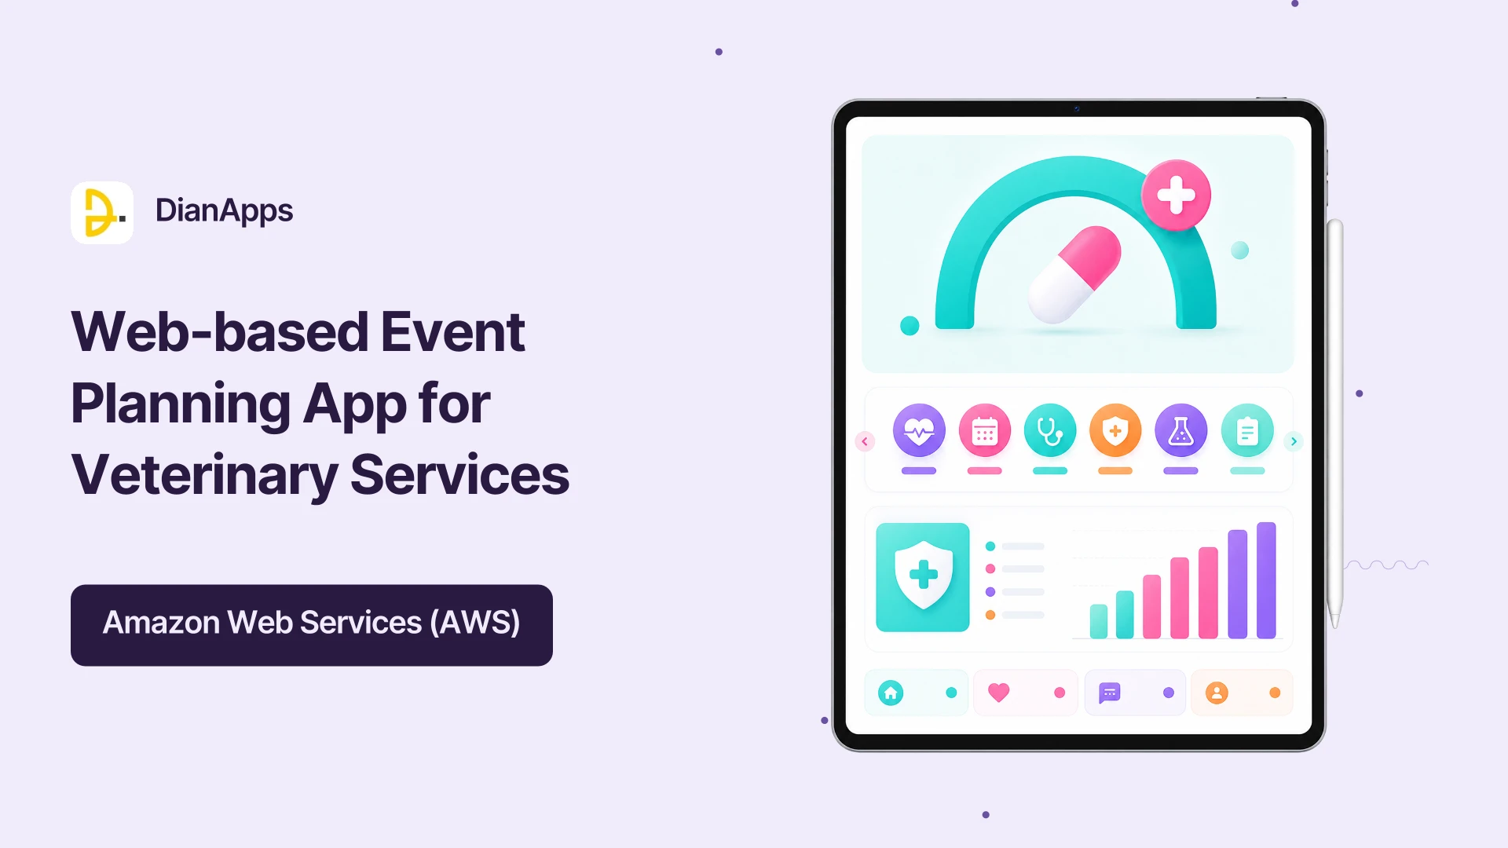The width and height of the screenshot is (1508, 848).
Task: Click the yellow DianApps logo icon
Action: coord(102,213)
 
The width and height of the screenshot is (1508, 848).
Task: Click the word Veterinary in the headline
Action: coord(204,476)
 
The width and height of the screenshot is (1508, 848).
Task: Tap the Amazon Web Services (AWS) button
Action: coord(312,625)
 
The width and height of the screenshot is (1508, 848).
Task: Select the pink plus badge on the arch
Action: coord(1176,196)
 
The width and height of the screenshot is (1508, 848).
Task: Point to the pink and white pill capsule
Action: coord(1074,275)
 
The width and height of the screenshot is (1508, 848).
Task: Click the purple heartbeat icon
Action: coord(919,430)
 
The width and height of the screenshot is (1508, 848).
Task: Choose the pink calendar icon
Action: coord(985,430)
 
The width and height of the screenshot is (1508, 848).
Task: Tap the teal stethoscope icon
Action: coord(1050,430)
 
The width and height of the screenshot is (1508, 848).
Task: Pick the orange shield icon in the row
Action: coord(1115,430)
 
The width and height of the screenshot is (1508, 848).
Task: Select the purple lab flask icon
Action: coord(1181,430)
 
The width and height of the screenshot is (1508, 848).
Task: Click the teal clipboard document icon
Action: coord(1247,430)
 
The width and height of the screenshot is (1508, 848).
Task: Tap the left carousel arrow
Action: coord(865,441)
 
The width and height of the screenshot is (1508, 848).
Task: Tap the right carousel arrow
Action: coord(1294,441)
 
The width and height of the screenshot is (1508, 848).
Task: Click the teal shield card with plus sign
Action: coord(923,577)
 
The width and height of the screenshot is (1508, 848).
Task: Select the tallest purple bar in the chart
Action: coord(1266,580)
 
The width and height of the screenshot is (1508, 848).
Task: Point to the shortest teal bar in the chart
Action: coord(1099,621)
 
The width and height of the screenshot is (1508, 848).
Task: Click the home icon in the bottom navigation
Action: coord(891,693)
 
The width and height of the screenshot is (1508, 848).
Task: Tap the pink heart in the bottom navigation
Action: coord(998,693)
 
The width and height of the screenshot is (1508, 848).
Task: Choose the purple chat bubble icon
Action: coord(1109,693)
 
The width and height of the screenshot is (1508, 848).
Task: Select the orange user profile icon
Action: coord(1217,693)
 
